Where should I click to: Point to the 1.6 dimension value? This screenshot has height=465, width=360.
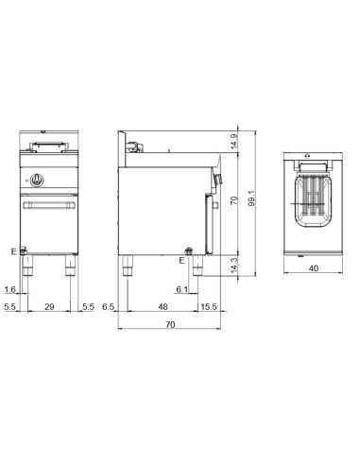[9, 290]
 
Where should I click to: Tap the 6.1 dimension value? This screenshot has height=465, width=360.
[180, 290]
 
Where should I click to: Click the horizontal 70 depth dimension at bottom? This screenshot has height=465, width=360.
[170, 325]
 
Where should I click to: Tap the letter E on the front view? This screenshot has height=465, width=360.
[12, 251]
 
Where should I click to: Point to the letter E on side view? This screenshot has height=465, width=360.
[181, 258]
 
